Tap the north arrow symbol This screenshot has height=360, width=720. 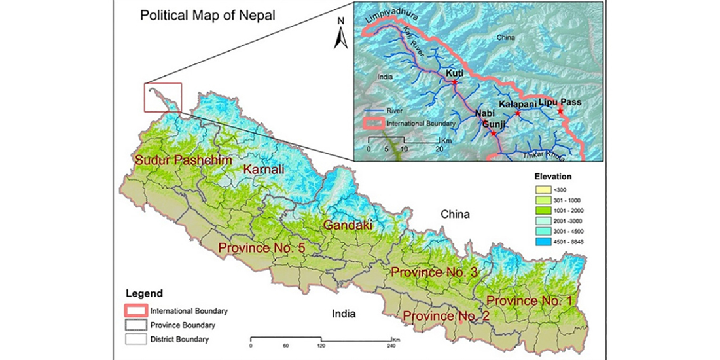(x=340, y=34)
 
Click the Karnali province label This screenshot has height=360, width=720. (x=263, y=170)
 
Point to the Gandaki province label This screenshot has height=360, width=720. (x=348, y=225)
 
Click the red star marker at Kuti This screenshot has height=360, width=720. (x=454, y=82)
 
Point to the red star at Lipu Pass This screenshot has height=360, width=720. (x=560, y=111)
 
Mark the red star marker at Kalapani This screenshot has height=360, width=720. (x=517, y=113)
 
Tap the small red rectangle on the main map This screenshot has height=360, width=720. (x=162, y=98)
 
